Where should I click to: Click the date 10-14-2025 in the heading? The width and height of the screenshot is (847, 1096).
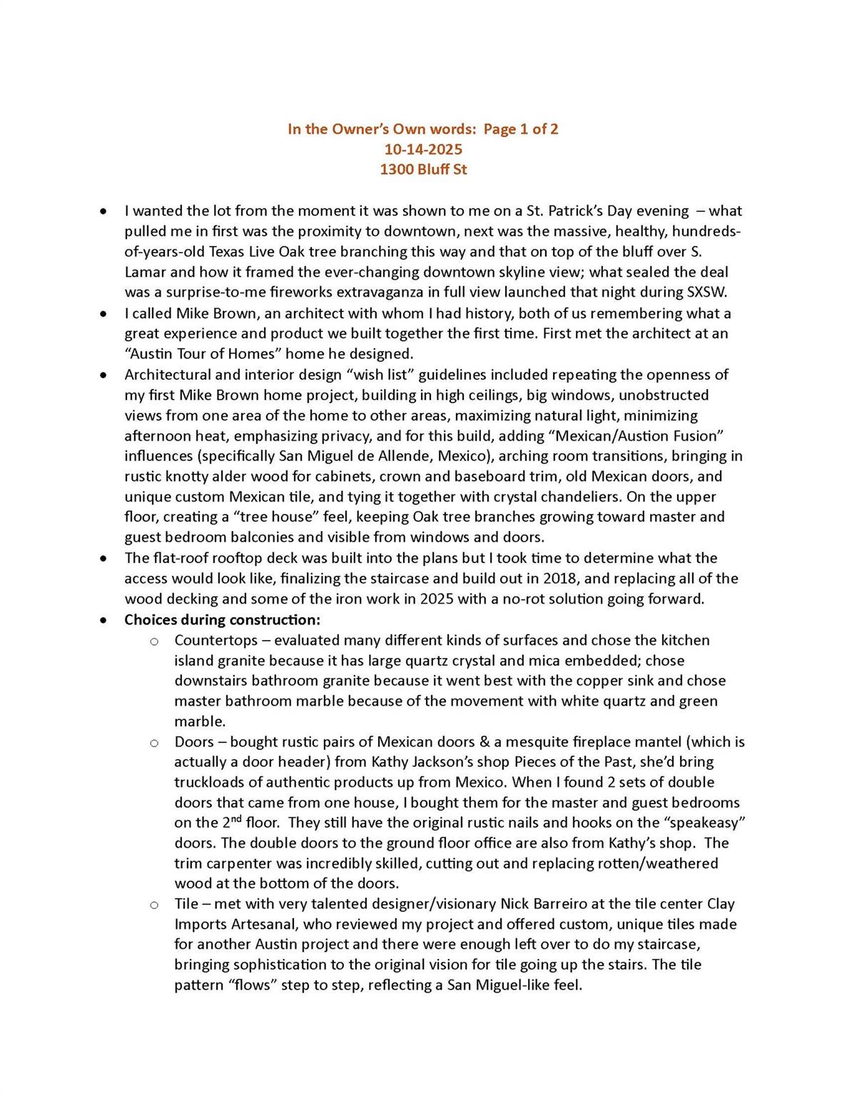423,149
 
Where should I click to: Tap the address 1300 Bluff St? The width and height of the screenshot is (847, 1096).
423,169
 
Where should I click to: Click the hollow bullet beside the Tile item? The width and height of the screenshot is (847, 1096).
153,905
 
